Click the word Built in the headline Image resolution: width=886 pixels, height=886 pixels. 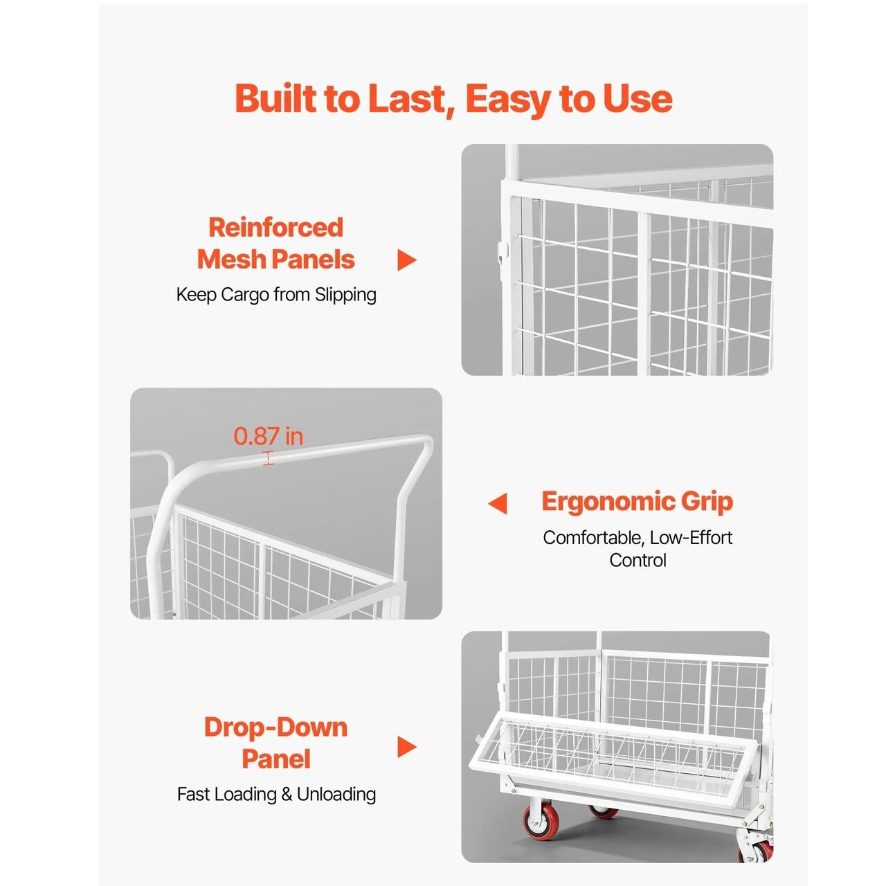(276, 98)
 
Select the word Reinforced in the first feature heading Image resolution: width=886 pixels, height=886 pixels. (276, 227)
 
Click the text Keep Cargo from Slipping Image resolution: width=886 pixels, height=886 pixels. (276, 295)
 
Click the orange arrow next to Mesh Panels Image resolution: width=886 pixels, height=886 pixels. (406, 260)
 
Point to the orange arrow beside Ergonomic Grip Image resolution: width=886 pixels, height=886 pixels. (498, 503)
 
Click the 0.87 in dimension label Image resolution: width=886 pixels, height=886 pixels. (269, 436)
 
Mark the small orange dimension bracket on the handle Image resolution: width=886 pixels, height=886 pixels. (268, 458)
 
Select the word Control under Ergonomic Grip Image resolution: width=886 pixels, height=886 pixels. (638, 560)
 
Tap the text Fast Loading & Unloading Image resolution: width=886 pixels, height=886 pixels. (276, 794)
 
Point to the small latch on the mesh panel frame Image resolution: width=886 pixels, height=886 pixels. (503, 251)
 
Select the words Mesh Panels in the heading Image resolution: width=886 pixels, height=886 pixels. (276, 260)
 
